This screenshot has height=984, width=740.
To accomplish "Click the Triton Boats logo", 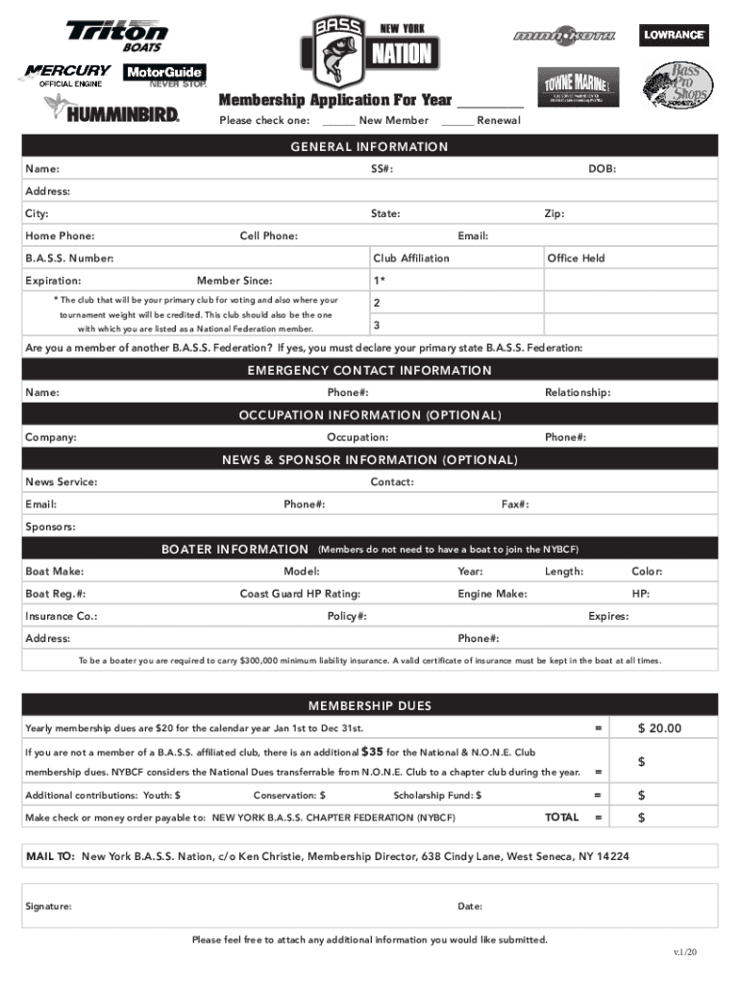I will [116, 37].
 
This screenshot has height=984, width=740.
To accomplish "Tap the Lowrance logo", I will [674, 36].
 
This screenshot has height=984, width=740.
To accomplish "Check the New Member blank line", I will [338, 121].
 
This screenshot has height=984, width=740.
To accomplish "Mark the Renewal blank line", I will [456, 121].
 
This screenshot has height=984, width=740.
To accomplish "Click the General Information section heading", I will [370, 147].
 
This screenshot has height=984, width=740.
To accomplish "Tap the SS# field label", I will [382, 169].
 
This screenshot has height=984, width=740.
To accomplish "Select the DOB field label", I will [602, 169].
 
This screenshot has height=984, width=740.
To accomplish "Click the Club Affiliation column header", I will [410, 258].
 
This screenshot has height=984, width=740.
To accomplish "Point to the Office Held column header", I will [576, 258].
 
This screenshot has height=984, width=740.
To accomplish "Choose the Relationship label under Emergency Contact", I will [577, 393].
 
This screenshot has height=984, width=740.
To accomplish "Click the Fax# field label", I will [515, 504].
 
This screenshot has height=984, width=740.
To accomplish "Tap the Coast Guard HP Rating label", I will [300, 594].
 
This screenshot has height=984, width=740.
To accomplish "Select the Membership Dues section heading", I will [370, 706].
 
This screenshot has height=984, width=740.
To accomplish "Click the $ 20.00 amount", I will [659, 728].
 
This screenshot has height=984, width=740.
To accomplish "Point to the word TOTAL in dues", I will [561, 818].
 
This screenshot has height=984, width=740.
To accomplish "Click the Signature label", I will [48, 906].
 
